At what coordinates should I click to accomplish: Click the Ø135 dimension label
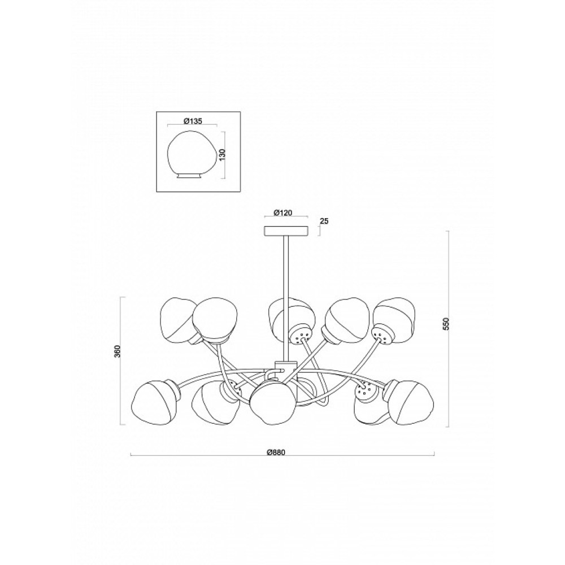[x=193, y=121]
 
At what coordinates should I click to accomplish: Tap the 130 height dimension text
[x=222, y=155]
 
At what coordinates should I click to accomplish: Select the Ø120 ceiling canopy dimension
[x=282, y=212]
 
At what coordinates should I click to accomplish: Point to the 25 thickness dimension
[x=324, y=221]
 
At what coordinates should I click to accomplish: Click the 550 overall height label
[x=446, y=325]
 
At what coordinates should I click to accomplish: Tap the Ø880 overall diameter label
[x=276, y=453]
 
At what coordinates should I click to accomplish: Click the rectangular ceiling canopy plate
[x=286, y=231]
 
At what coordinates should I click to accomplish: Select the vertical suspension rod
[x=286, y=298]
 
